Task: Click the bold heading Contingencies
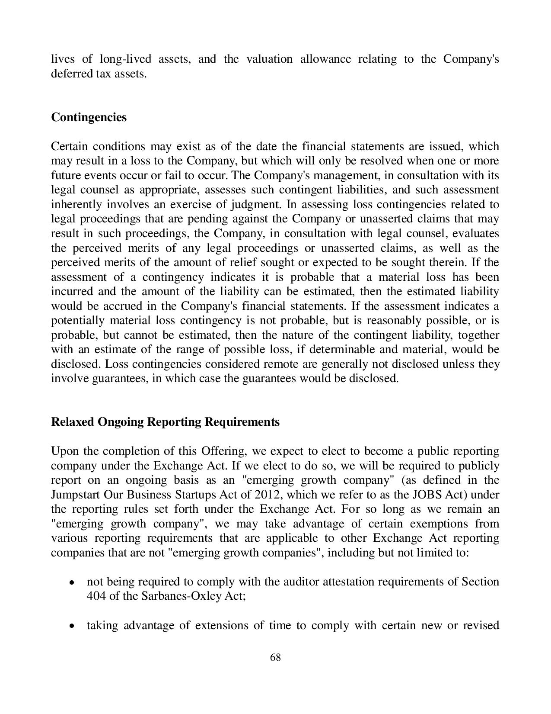(x=89, y=117)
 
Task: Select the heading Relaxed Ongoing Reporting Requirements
(x=165, y=422)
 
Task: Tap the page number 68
(x=275, y=658)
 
